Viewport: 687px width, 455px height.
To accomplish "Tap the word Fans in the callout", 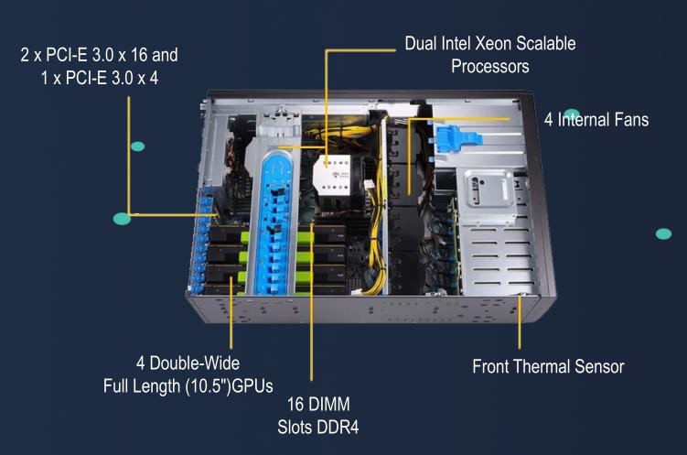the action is pos(632,119).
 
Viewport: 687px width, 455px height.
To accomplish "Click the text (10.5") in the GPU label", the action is pos(209,386).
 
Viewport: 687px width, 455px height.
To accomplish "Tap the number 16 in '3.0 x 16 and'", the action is pos(138,55).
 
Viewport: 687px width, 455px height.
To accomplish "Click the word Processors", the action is pos(490,66).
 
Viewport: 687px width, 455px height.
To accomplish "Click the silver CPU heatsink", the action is pos(331,175).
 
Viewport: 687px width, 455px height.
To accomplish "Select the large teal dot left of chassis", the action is pos(122,218).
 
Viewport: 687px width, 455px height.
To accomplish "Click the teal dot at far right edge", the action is pos(663,233).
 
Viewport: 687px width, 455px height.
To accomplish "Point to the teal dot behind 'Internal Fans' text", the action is pos(572,114).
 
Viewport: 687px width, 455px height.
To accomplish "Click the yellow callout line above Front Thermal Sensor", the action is pos(520,322).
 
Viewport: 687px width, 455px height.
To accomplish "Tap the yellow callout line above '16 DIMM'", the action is pos(312,301).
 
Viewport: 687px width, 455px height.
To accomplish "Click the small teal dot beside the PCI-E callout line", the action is pos(137,146).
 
